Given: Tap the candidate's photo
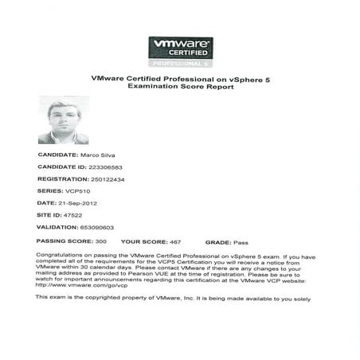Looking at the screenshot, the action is point(63,120).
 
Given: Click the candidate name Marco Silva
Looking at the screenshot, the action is point(97,154).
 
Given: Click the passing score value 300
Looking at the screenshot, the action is point(101,240).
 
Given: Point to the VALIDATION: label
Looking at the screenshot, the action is point(55,228).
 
